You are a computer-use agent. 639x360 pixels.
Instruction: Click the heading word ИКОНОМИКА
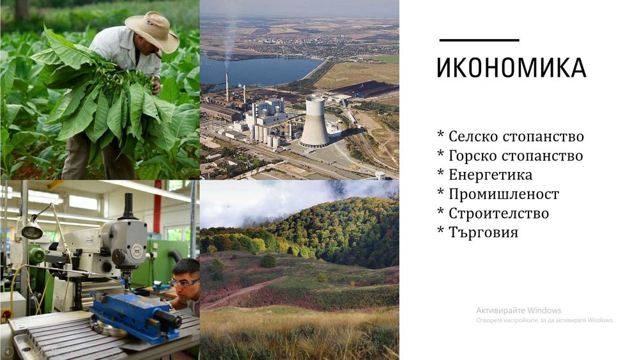[x=511, y=68]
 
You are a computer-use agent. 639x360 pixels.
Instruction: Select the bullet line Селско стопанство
[x=511, y=137]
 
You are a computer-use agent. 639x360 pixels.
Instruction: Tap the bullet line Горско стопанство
[x=510, y=156]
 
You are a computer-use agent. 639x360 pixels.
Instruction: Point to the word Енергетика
[x=491, y=175]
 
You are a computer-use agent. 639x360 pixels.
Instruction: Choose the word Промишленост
[x=504, y=194]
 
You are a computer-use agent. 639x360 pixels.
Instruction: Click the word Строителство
[x=499, y=213]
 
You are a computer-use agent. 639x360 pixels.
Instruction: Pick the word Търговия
[x=483, y=232]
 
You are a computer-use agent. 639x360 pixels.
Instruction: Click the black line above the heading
[x=479, y=40]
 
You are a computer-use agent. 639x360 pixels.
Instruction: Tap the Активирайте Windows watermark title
[x=519, y=310]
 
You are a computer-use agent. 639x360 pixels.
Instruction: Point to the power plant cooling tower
[x=314, y=122]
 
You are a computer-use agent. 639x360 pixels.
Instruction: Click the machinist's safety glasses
[x=185, y=282]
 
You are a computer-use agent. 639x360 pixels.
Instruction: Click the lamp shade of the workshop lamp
[x=32, y=231]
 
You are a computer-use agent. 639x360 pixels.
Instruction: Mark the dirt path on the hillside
[x=242, y=293]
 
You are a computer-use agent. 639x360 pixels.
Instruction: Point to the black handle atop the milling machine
[x=128, y=207]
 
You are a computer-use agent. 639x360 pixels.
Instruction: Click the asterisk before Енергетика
[x=440, y=173]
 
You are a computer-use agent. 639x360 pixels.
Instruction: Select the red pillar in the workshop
[x=157, y=207]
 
